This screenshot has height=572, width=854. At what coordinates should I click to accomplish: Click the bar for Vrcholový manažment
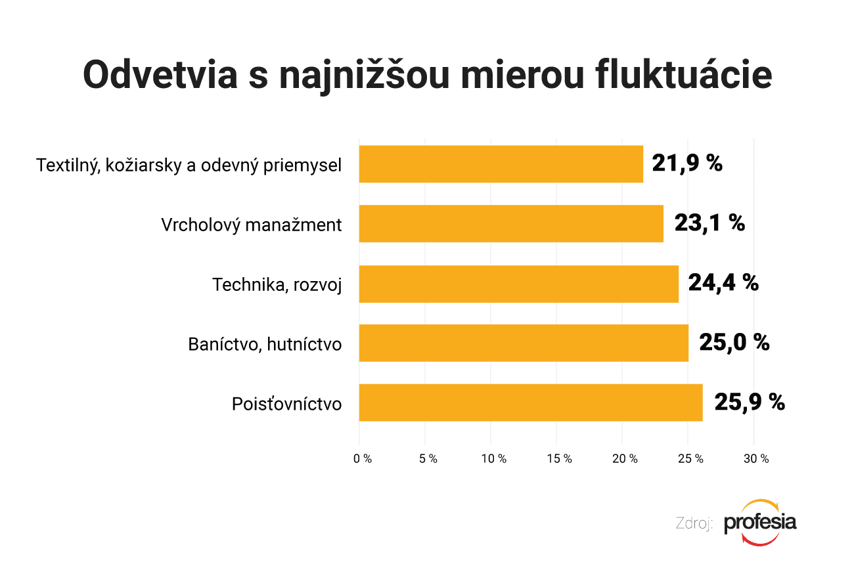coord(511,224)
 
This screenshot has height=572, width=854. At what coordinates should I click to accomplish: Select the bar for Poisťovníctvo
coord(531,403)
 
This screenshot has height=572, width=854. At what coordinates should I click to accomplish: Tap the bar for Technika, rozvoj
coord(519,284)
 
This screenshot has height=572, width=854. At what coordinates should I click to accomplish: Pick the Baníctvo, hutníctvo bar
coord(524,343)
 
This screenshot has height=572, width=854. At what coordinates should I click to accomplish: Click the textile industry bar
coord(501,164)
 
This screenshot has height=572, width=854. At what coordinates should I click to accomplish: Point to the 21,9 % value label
coord(687,164)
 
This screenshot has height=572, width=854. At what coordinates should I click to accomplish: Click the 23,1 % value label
coord(709,223)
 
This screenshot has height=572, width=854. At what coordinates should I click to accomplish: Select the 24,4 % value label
coord(723,283)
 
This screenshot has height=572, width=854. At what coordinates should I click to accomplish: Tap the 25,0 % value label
coord(734,342)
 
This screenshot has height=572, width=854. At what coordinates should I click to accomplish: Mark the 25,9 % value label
coord(750,402)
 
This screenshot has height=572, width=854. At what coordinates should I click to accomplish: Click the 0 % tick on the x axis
coord(363,459)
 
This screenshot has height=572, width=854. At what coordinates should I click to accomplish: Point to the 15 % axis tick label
coord(559,459)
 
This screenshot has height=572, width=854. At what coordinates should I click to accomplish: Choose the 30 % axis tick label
coord(756,459)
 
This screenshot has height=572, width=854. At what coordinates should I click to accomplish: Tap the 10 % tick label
coord(493,459)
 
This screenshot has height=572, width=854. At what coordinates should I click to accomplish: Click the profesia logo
coord(760,523)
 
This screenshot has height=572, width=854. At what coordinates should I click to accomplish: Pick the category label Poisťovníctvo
coord(286,404)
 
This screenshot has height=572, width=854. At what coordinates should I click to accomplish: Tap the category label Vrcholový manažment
coord(252,225)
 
